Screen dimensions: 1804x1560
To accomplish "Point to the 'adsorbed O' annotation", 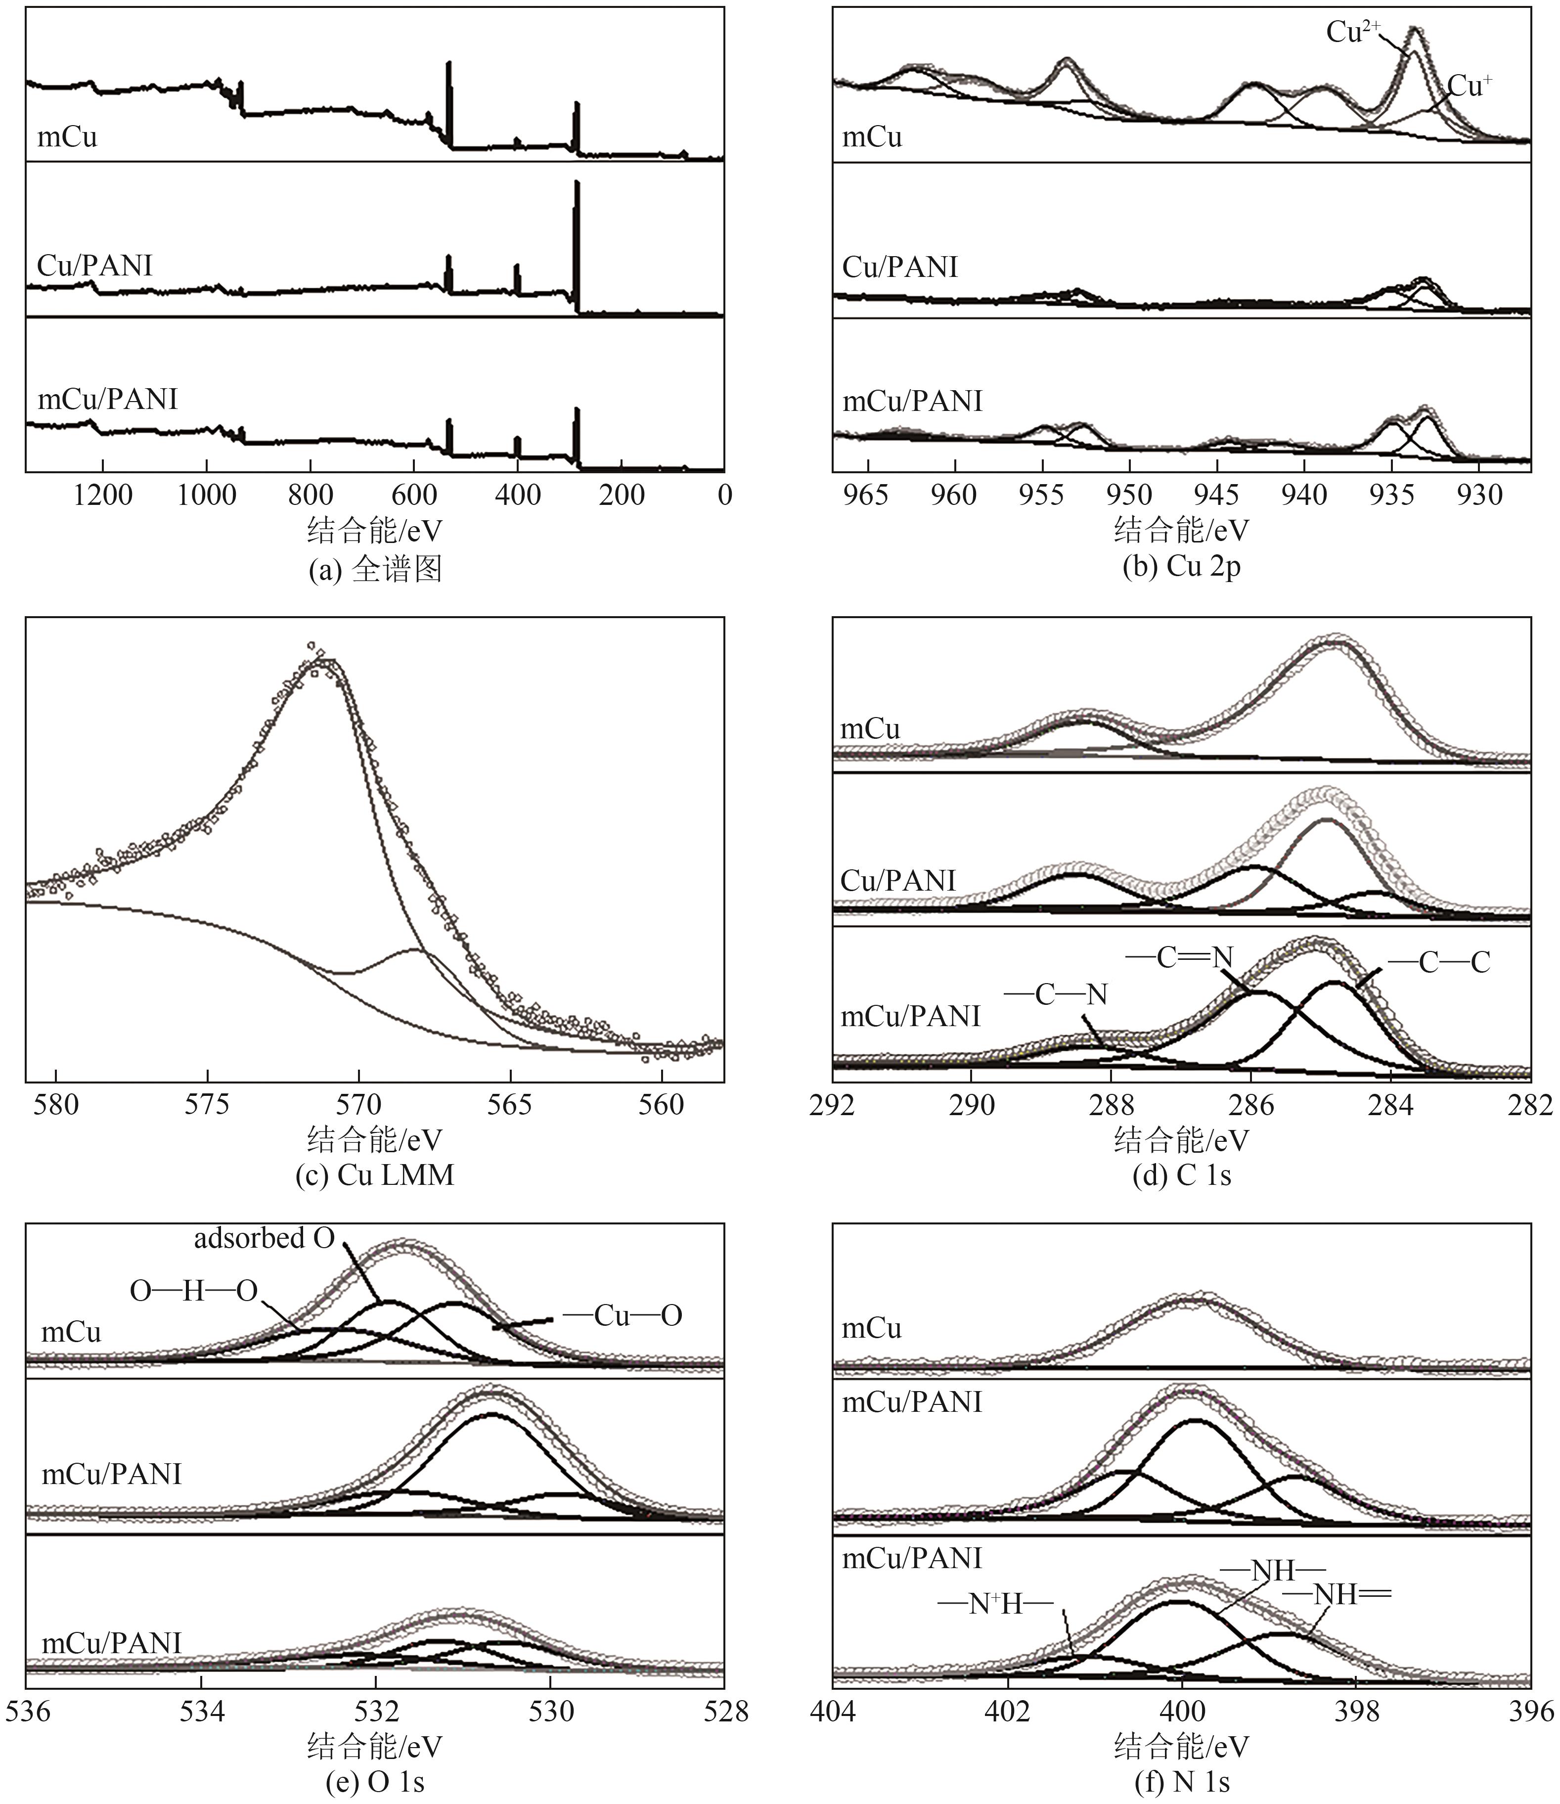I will tap(264, 1238).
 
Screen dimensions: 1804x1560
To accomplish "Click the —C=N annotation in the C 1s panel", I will tap(1180, 958).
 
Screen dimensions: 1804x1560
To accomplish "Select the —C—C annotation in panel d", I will tap(1439, 962).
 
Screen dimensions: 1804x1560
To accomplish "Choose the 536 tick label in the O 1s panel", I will tap(28, 1712).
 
